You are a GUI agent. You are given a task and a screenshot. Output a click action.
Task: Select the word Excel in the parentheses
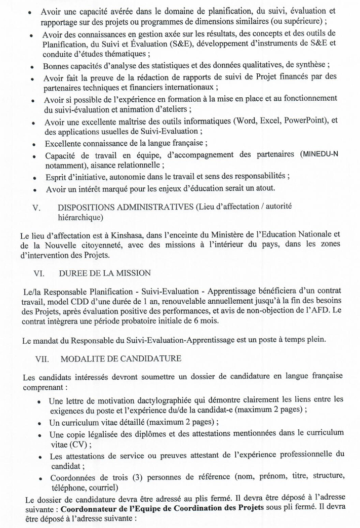coord(269,121)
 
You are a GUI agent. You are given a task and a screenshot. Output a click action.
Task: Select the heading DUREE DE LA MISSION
coord(105,273)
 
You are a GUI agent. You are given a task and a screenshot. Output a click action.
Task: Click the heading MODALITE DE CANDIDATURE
coord(120,359)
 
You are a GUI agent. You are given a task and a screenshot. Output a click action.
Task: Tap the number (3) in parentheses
coord(141,478)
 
